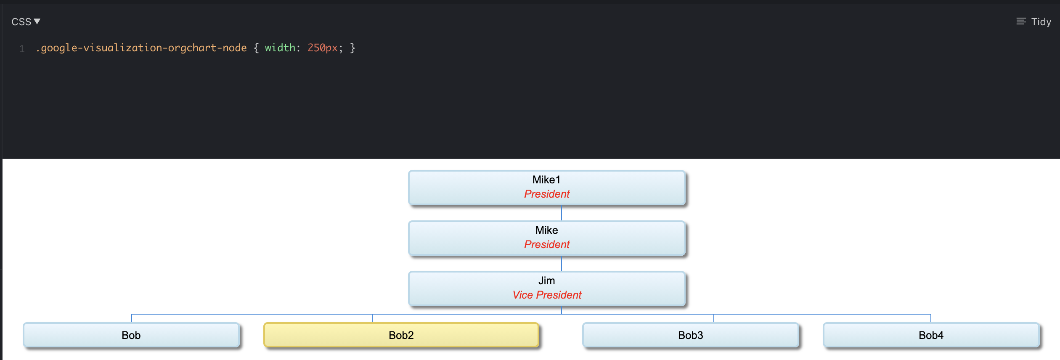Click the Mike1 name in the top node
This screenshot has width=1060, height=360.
546,180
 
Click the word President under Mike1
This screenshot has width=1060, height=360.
546,194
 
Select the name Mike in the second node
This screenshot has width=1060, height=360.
546,230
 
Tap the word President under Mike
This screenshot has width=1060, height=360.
546,245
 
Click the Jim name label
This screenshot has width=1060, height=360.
546,281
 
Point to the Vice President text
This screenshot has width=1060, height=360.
546,295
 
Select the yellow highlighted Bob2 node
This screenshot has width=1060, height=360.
401,335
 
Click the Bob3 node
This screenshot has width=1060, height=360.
690,335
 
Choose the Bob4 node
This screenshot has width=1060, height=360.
931,335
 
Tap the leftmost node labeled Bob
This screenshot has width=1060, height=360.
131,335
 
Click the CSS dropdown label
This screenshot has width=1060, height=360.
21,22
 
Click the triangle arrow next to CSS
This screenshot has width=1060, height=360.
37,21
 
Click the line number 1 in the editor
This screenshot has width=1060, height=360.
22,49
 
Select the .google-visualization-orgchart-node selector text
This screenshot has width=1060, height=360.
141,48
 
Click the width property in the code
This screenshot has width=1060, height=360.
280,48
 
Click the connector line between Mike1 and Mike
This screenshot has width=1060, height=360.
562,213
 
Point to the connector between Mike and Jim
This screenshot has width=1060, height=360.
562,264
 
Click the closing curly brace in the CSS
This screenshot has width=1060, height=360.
352,48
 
